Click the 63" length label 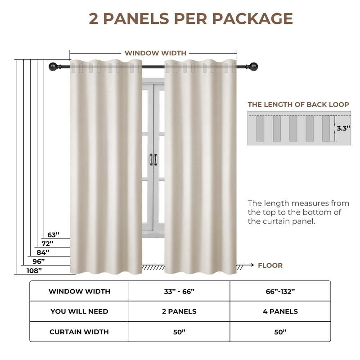(x=54, y=235)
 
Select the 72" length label (x=48, y=243)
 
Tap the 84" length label (x=43, y=252)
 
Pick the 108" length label (x=34, y=270)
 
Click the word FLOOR (x=270, y=265)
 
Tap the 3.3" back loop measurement (x=343, y=128)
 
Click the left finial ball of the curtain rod (x=52, y=67)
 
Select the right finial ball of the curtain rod (x=255, y=67)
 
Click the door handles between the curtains (x=153, y=159)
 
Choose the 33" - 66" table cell (x=179, y=291)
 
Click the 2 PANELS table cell (x=179, y=311)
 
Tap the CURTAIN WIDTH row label (x=79, y=332)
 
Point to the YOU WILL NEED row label (x=79, y=311)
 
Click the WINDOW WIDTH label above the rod (x=155, y=53)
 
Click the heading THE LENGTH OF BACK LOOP (x=298, y=104)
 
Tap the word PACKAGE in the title (x=252, y=18)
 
